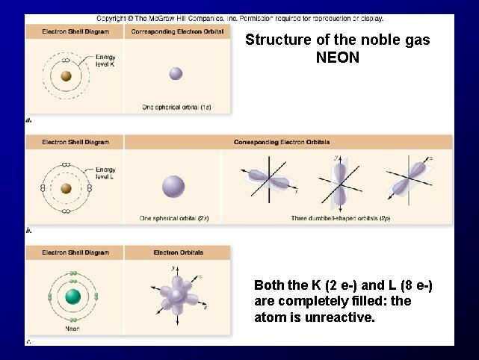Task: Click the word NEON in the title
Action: (338, 58)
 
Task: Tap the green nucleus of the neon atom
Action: (72, 297)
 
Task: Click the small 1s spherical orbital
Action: (176, 73)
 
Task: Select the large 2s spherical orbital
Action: (173, 187)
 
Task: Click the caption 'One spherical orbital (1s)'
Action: (176, 107)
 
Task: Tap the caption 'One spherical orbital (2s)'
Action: (173, 218)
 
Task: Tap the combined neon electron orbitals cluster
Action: (178, 294)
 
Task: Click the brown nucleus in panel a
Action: (66, 75)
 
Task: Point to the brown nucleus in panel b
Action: (66, 187)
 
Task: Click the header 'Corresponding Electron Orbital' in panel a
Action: (176, 31)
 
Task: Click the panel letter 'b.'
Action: (28, 231)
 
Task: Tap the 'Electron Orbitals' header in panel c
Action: (177, 252)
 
